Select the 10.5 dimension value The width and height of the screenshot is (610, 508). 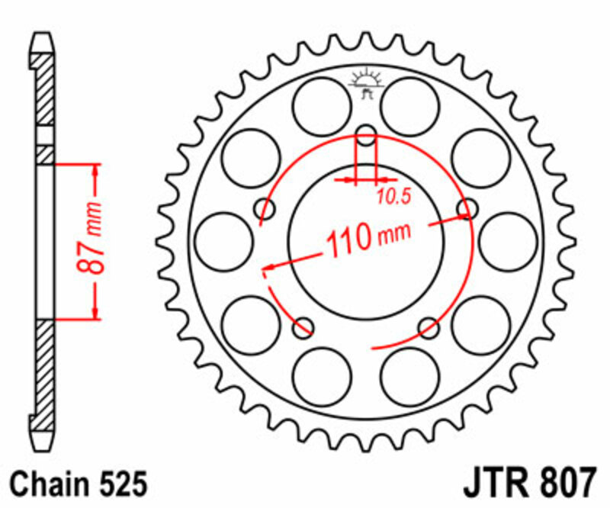393,197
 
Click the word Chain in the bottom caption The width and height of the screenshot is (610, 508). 48,484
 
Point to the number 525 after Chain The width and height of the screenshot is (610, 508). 120,484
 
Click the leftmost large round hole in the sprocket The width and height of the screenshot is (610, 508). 223,241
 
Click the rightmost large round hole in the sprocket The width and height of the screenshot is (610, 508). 509,241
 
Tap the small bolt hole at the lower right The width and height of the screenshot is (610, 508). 429,328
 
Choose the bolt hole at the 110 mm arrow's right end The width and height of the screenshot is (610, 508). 467,209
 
